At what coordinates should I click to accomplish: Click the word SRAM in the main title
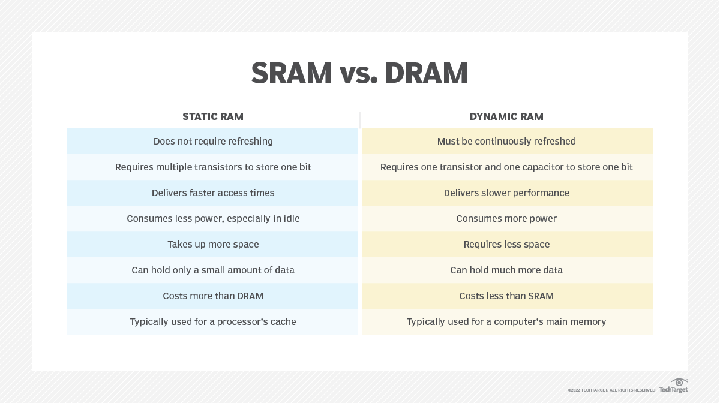coord(291,73)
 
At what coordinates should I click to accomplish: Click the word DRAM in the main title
coord(426,73)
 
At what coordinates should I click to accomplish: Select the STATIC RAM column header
coord(213,116)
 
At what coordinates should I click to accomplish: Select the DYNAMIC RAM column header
coord(506,116)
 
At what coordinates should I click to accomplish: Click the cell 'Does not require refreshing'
coord(213,142)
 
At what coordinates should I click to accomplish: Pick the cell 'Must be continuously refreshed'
coord(506,142)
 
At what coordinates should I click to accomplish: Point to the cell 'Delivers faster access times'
coord(213,193)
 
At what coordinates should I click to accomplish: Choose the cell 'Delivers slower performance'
coord(506,193)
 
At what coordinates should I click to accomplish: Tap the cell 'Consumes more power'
coord(506,218)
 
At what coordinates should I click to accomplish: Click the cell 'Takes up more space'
coord(213,244)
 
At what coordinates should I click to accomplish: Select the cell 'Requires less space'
coord(506,244)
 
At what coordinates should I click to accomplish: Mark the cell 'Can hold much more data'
coord(506,270)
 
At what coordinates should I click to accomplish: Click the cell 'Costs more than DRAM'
coord(213,296)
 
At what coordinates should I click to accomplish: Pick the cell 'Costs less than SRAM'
coord(506,296)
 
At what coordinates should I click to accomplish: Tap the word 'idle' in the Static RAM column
coord(291,218)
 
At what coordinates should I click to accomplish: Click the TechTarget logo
coord(673,386)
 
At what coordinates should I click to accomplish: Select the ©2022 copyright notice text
coord(611,390)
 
